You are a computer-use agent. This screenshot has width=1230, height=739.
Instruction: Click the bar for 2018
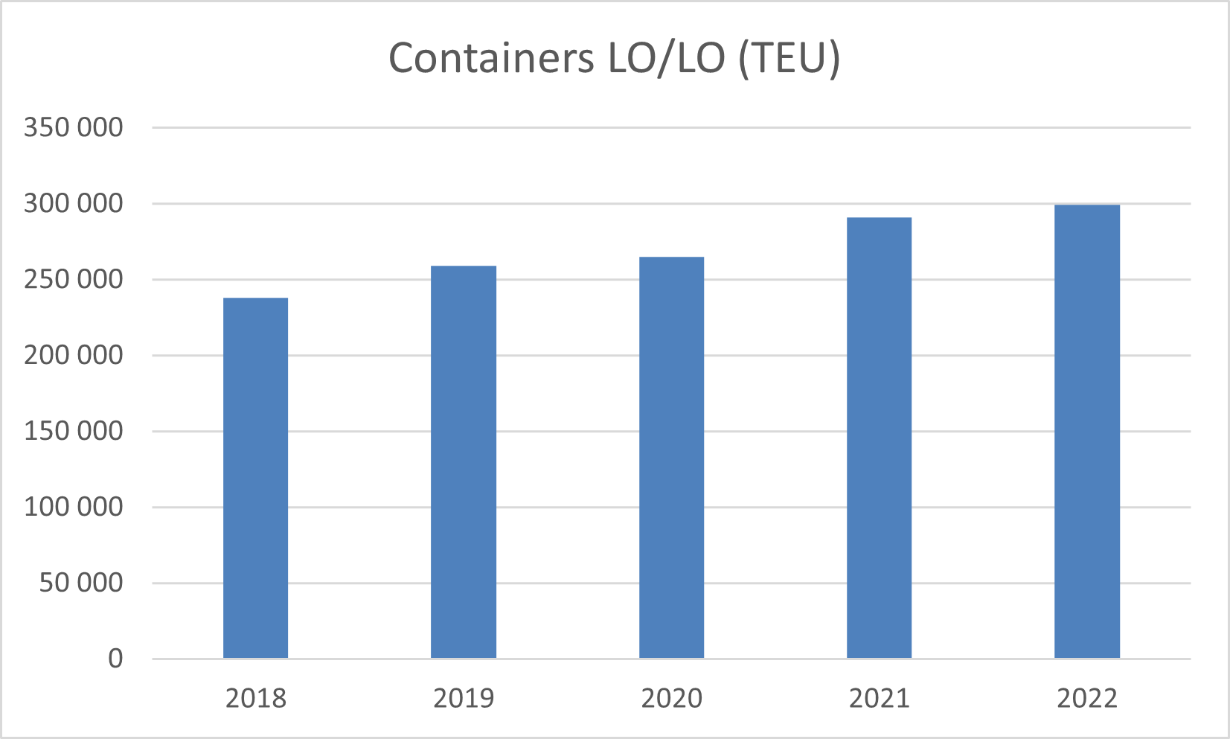pos(255,478)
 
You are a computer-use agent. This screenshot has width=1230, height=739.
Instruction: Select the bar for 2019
pos(463,461)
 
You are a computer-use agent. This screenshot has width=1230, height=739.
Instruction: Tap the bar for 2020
pos(671,457)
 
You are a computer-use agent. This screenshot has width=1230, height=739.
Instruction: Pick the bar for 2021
pos(879,438)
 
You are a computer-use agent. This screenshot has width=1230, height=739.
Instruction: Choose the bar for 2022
pos(1086,431)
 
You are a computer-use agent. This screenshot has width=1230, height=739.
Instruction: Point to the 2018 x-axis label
pos(255,698)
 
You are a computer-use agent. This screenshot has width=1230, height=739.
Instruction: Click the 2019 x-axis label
pos(463,698)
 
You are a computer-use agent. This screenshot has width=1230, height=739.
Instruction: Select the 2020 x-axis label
pos(671,698)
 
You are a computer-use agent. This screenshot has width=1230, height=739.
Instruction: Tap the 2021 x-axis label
pos(879,698)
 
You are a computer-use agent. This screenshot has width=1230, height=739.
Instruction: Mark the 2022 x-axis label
pos(1086,698)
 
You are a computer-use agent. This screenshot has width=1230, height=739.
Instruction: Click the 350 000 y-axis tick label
pos(73,127)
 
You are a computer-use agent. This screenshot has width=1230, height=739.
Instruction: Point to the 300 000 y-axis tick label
pos(73,203)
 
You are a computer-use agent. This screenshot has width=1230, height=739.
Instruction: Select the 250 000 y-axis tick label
pos(73,279)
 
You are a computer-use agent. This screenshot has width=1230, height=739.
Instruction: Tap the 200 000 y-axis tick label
pos(73,355)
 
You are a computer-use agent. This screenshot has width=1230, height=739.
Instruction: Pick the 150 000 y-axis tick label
pos(73,431)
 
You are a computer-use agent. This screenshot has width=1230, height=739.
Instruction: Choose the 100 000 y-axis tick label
pos(73,507)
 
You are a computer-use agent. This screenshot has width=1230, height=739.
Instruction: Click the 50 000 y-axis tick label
pos(80,583)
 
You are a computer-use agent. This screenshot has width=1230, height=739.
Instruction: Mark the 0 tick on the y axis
pos(115,659)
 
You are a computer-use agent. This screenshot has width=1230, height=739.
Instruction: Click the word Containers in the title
pos(491,58)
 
